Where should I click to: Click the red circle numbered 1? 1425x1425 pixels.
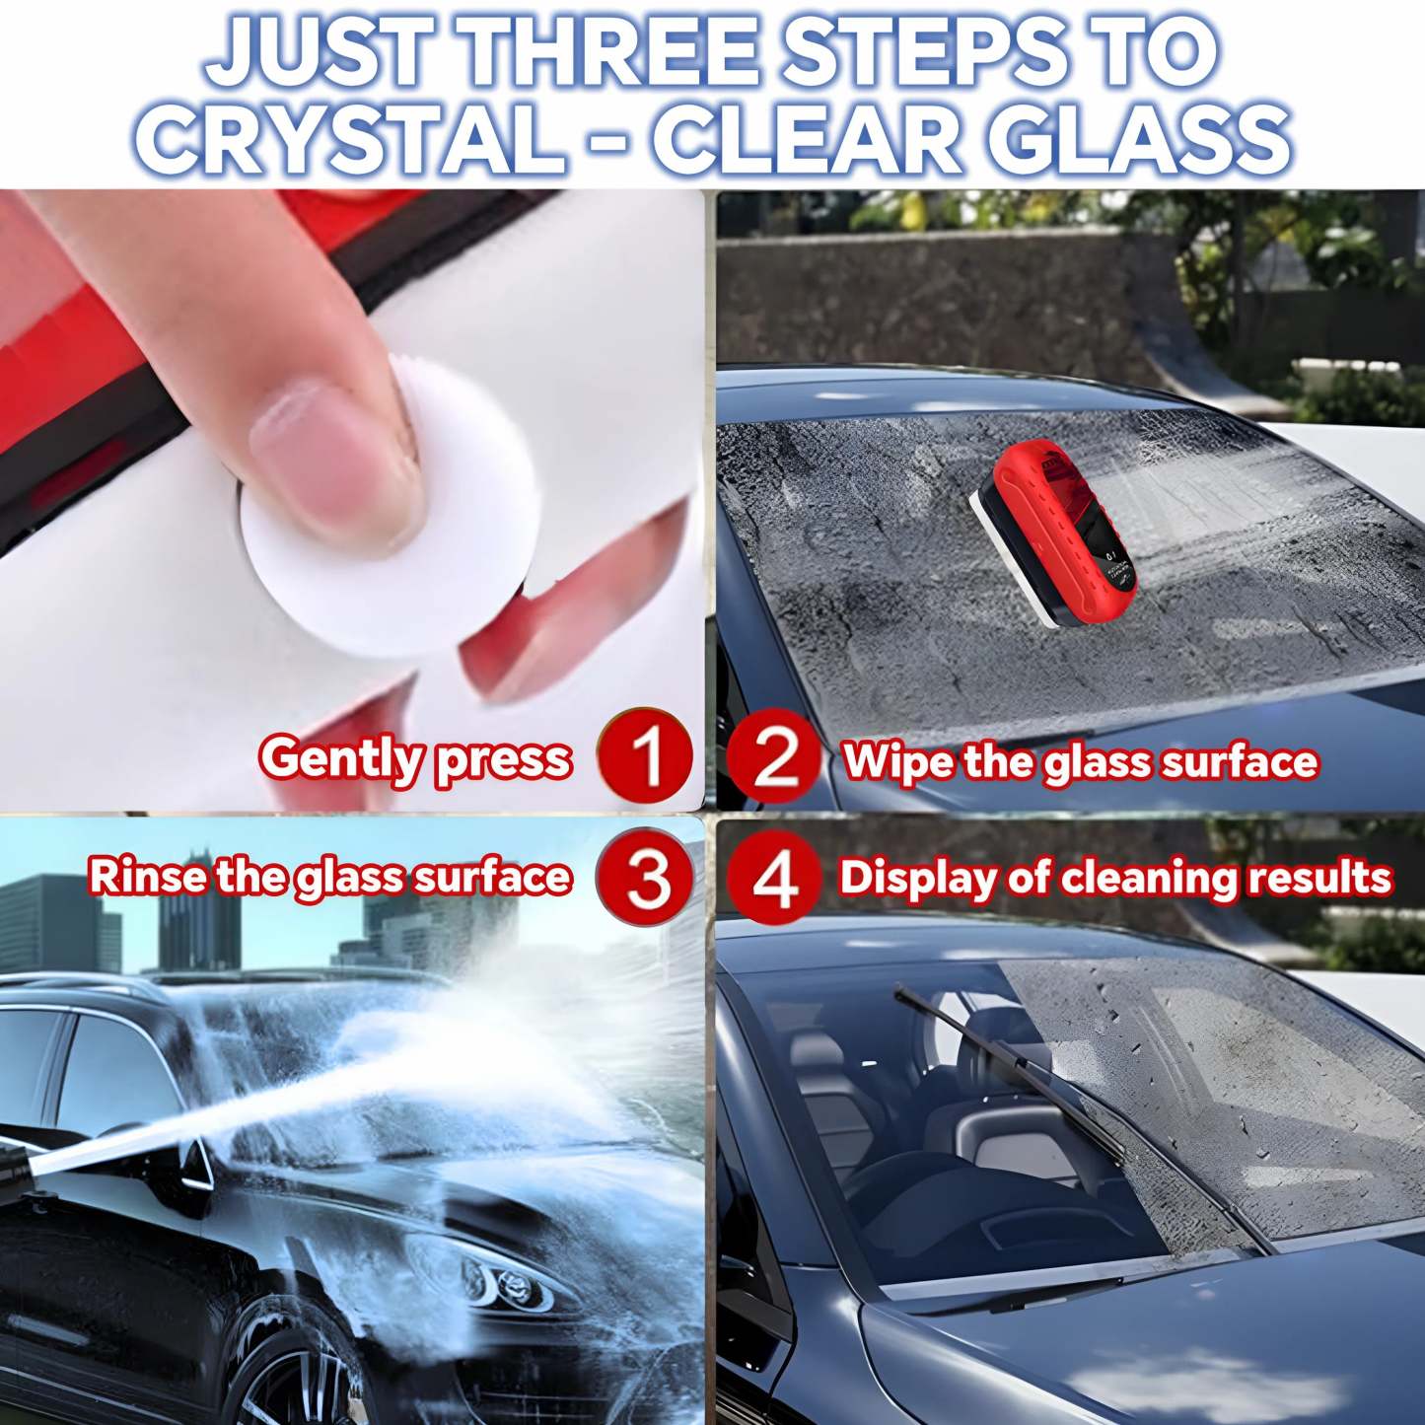click(646, 756)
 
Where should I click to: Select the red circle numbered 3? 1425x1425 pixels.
click(646, 877)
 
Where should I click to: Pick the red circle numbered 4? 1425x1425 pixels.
click(776, 877)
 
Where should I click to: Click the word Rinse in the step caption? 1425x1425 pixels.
click(148, 877)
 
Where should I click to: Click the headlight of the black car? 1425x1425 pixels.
click(488, 1277)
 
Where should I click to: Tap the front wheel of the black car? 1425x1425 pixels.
click(296, 1371)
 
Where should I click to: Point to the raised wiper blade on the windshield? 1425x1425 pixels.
click(1026, 1075)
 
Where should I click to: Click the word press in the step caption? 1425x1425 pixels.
click(503, 760)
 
